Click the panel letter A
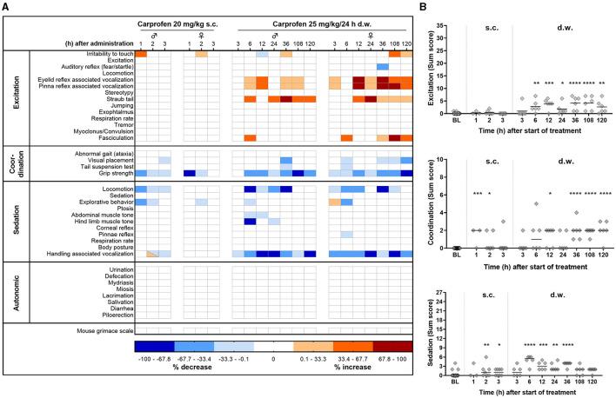coord(7,8)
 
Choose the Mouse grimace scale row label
coord(100,331)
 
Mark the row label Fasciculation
coord(112,138)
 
